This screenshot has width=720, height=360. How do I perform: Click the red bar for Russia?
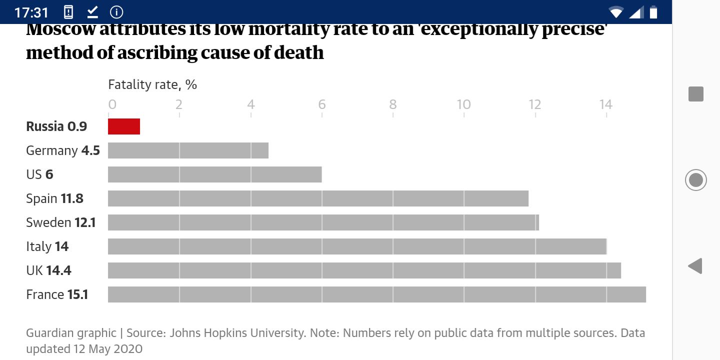pyautogui.click(x=124, y=126)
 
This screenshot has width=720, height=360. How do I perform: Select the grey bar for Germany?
pyautogui.click(x=188, y=150)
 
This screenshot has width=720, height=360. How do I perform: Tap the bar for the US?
pyautogui.click(x=215, y=174)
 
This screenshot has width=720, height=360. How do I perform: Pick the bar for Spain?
pyautogui.click(x=318, y=198)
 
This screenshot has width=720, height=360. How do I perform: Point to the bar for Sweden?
pyautogui.click(x=323, y=222)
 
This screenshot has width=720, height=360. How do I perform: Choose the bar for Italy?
pyautogui.click(x=357, y=246)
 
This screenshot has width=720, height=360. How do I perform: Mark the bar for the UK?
pyautogui.click(x=364, y=270)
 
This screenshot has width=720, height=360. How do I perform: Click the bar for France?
pyautogui.click(x=377, y=294)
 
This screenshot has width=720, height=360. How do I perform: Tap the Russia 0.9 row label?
pyautogui.click(x=56, y=126)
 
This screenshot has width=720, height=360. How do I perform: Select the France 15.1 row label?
pyautogui.click(x=57, y=294)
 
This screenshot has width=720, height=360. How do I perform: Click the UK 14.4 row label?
pyautogui.click(x=48, y=270)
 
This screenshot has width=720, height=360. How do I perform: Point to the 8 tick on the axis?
pyautogui.click(x=393, y=104)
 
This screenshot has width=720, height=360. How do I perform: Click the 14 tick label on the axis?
pyautogui.click(x=606, y=104)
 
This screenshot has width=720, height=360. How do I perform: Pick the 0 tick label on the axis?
pyautogui.click(x=112, y=104)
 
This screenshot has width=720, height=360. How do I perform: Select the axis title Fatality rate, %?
pyautogui.click(x=152, y=84)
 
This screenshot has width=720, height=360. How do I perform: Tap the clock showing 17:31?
pyautogui.click(x=31, y=12)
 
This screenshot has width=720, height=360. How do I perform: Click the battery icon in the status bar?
pyautogui.click(x=653, y=12)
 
